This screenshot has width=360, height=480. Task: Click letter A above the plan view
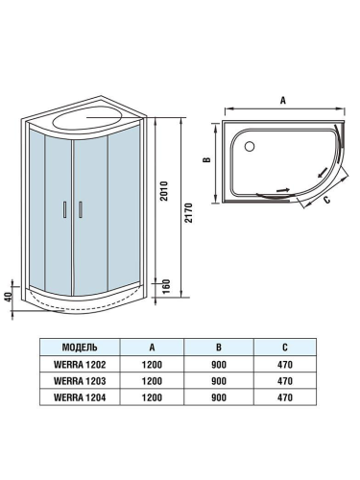point(282,99)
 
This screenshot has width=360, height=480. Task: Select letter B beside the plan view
point(207,160)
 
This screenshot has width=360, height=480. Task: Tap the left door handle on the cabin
point(64,209)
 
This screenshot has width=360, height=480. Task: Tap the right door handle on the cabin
point(80,209)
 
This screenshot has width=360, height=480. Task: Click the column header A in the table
point(152,348)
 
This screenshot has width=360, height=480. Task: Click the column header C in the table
point(283,348)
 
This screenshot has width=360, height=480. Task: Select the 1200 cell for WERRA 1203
point(152,380)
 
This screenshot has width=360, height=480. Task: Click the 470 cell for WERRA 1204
point(283,395)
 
